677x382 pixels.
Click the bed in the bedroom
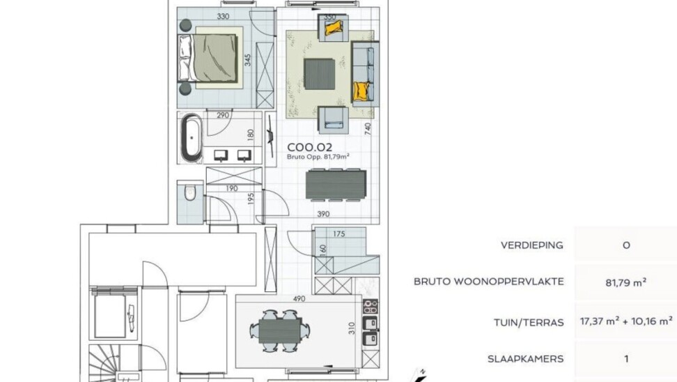(208, 58)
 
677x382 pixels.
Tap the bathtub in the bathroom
(192, 138)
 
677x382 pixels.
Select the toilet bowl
(190, 192)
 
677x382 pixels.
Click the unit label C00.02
(309, 147)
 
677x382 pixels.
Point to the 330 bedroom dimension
(223, 17)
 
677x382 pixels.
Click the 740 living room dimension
(368, 129)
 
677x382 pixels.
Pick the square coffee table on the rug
(320, 75)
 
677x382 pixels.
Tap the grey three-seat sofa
(365, 74)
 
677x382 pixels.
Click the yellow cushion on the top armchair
(334, 29)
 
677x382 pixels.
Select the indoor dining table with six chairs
(336, 185)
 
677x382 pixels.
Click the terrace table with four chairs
(280, 330)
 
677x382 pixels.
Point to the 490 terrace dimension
(299, 298)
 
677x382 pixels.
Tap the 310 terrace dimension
(352, 328)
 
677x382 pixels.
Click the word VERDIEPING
(532, 245)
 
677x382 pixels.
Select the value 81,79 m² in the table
(626, 282)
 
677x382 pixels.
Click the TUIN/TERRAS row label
(529, 322)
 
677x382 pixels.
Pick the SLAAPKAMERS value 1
(626, 359)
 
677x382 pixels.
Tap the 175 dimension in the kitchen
(339, 234)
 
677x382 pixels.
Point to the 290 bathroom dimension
(223, 116)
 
